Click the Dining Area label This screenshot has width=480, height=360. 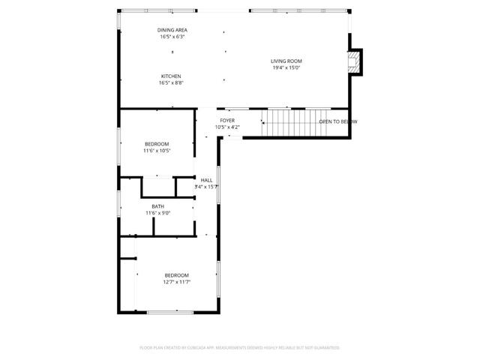172,30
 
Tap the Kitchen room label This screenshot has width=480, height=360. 171,76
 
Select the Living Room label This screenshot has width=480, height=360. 286,61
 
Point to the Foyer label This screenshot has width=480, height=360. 227,120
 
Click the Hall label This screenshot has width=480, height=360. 206,180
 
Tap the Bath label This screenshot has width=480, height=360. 157,206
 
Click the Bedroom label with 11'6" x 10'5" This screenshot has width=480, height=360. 157,144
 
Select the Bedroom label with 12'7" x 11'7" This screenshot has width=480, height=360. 177,274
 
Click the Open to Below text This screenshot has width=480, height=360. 337,121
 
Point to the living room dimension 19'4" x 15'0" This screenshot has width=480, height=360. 286,68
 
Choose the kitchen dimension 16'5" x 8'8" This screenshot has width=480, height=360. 171,83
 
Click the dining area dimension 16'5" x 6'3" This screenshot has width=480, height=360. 172,37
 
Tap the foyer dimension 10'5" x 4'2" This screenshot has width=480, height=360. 227,127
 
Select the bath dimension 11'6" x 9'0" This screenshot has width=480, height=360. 157,213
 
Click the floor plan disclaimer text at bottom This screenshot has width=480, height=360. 240,348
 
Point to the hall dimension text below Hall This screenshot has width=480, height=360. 206,187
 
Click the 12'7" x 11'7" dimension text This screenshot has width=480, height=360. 177,282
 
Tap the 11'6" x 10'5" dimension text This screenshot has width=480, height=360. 157,151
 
